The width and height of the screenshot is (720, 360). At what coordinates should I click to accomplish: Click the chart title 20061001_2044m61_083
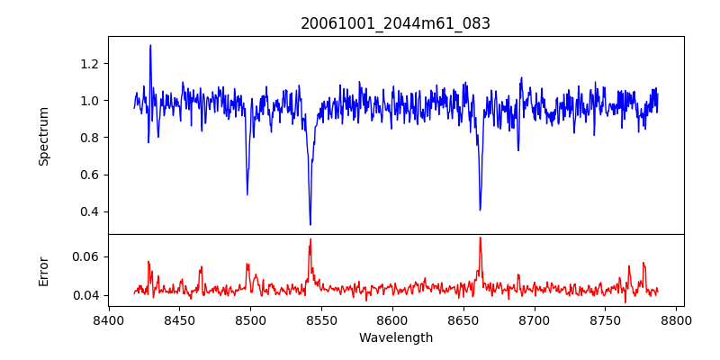[395, 23]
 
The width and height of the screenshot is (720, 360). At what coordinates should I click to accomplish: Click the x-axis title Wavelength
[395, 338]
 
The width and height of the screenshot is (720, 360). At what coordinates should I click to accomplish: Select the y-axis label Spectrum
[43, 135]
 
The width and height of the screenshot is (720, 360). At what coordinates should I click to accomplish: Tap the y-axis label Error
[43, 270]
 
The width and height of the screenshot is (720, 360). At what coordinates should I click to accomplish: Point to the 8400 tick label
[109, 319]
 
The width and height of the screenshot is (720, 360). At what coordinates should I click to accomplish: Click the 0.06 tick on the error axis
[88, 256]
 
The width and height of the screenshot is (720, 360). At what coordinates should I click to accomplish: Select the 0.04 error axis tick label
[88, 295]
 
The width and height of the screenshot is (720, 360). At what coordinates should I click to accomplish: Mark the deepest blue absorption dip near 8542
[310, 224]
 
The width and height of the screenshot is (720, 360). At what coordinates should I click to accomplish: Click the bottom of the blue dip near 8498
[247, 194]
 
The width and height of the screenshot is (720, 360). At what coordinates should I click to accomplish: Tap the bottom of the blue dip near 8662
[480, 210]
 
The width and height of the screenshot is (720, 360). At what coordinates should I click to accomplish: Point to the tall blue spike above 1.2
[150, 45]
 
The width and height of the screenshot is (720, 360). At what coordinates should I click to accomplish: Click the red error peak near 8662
[480, 238]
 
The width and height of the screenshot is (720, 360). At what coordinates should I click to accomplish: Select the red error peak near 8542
[310, 239]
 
